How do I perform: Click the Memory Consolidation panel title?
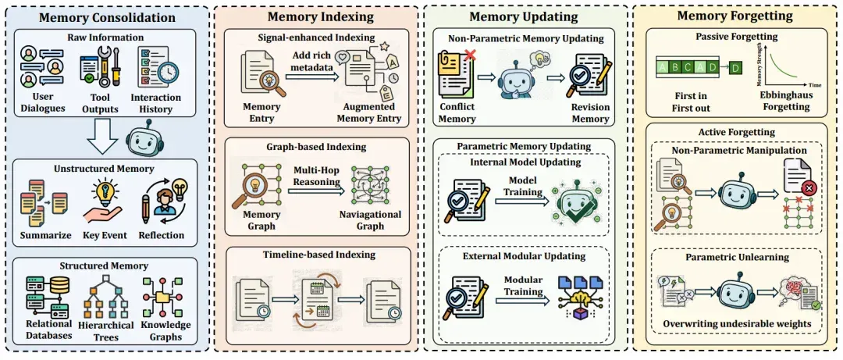tap(107, 17)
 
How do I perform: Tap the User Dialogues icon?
tap(42, 66)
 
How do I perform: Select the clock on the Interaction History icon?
tap(169, 73)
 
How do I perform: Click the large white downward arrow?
tap(101, 136)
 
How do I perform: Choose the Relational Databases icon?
tap(48, 296)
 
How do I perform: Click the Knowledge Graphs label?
tap(165, 331)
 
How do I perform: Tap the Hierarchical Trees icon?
tap(106, 296)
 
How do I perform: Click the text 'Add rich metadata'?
tap(311, 62)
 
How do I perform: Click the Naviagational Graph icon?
tap(369, 187)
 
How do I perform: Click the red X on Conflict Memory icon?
tap(469, 55)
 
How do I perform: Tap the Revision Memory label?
tap(590, 112)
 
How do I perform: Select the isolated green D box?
tap(735, 67)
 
